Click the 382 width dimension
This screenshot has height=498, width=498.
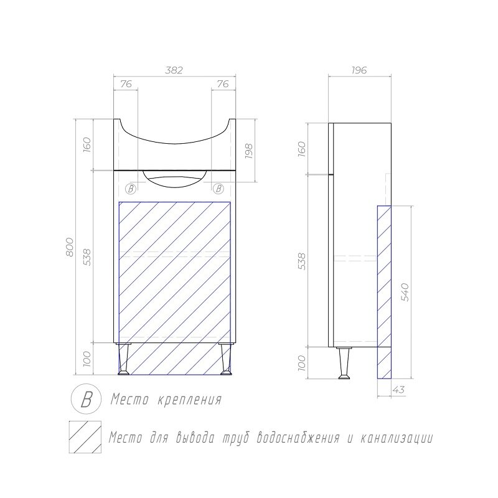tap(174, 70)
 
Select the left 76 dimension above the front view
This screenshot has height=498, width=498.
tap(126, 84)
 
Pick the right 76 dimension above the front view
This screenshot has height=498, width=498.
tap(223, 84)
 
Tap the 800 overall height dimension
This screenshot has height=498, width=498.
tap(70, 247)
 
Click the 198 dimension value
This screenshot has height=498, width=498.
tap(248, 151)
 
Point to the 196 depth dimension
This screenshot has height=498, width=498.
tap(359, 70)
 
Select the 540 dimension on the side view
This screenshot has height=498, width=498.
tap(405, 292)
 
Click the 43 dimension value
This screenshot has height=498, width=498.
tap(399, 390)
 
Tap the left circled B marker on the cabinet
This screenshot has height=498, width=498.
tap(131, 189)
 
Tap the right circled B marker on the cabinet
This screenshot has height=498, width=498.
tap(218, 189)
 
